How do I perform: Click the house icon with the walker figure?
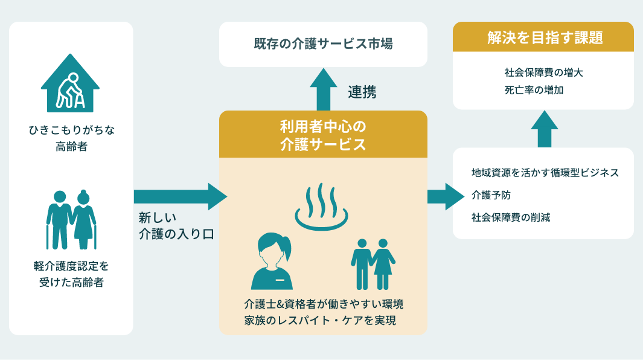[70, 84]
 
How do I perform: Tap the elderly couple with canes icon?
[71, 220]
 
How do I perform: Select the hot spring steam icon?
[321, 206]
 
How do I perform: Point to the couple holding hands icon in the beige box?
[373, 265]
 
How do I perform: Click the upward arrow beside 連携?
[323, 89]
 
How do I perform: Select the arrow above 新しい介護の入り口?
[181, 197]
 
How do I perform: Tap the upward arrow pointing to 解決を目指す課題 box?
[544, 129]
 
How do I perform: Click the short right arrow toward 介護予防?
[446, 197]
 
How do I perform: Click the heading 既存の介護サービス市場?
[323, 44]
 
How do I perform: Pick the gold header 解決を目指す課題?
[543, 37]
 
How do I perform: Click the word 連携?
[362, 92]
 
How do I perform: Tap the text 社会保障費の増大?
[544, 72]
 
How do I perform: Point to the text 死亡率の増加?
[534, 91]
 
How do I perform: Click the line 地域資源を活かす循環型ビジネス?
[545, 173]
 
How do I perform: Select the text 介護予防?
[491, 195]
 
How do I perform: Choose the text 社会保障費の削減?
[511, 217]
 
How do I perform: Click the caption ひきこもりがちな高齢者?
[71, 138]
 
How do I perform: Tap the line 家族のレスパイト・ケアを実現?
[320, 321]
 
